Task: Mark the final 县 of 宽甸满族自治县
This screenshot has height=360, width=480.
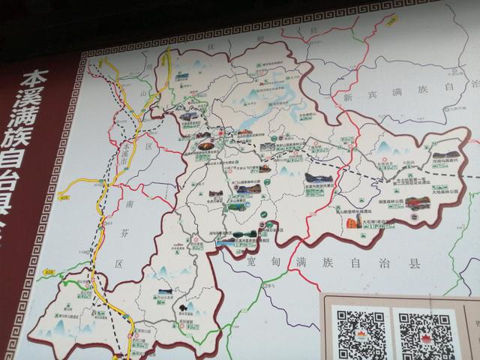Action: (414, 264)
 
